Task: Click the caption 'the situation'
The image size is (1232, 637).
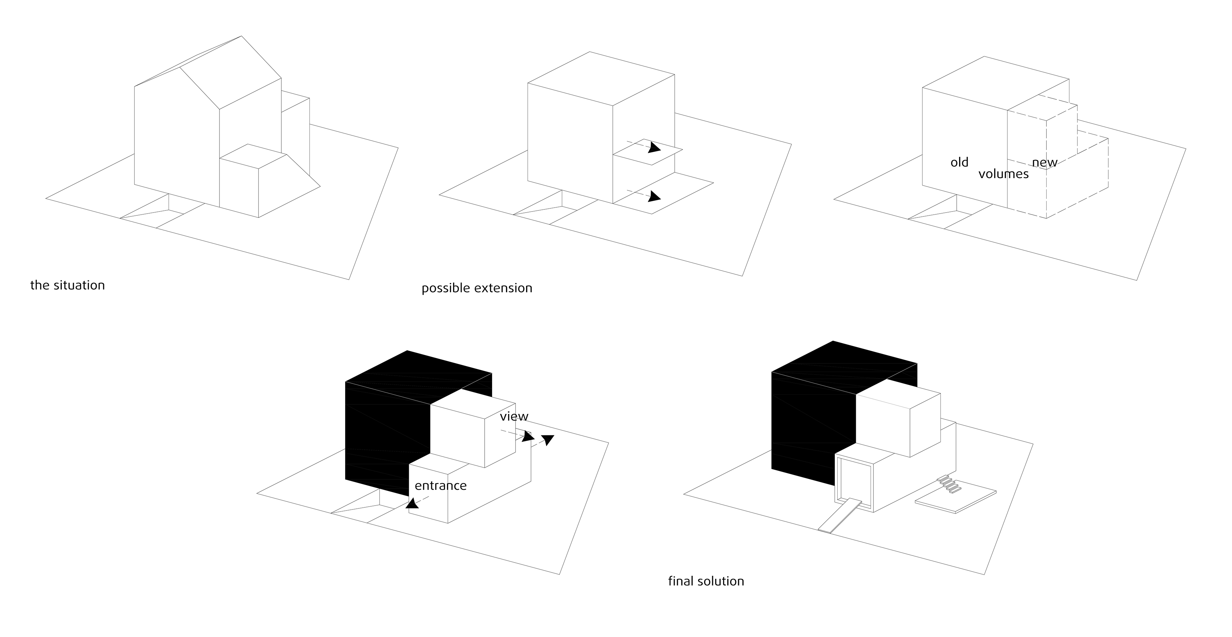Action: pos(67,285)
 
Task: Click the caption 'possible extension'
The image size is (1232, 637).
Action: pos(477,288)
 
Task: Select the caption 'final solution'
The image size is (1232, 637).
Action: pos(706,581)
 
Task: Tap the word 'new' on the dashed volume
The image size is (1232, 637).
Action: pos(1044,163)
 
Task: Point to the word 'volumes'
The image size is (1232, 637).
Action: pos(1003,174)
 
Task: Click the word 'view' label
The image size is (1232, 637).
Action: pos(514,416)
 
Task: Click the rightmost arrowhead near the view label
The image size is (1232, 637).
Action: pos(548,439)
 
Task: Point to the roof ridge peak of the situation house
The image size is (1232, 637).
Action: pos(241,37)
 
